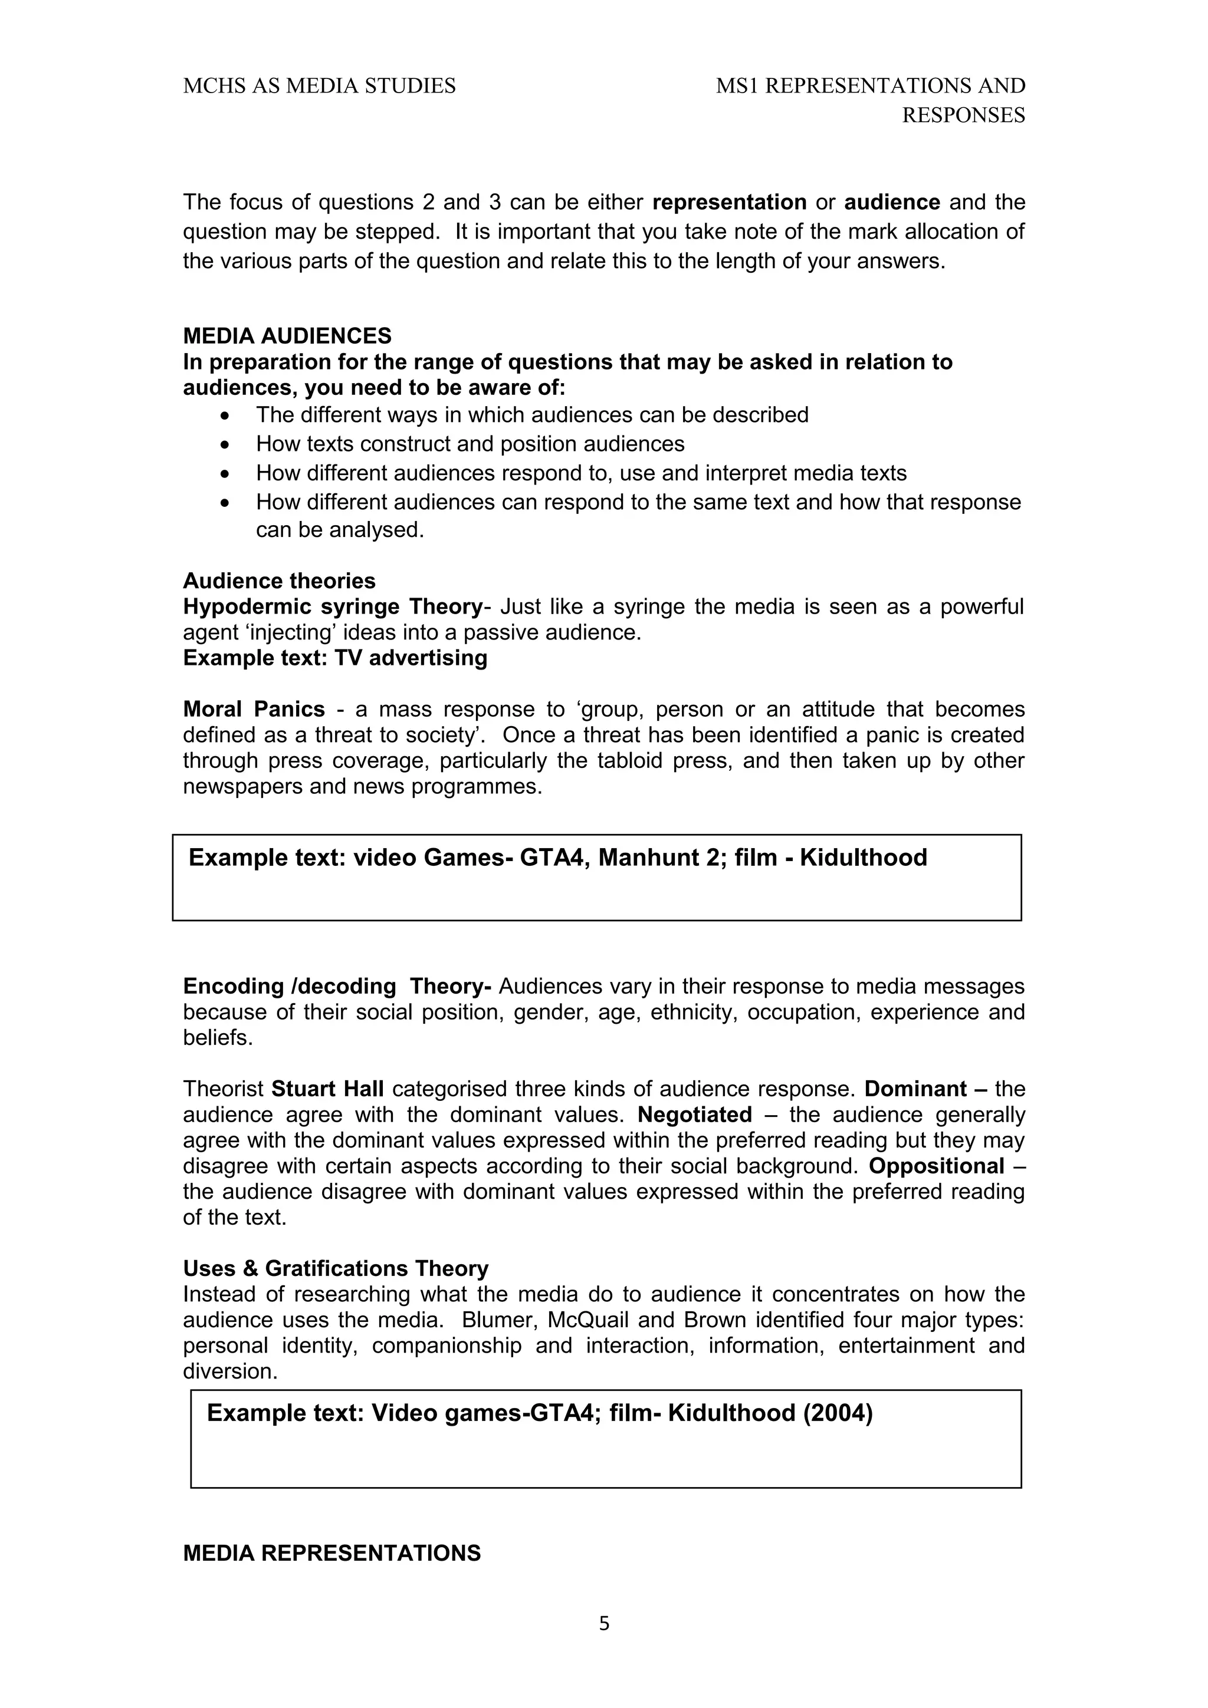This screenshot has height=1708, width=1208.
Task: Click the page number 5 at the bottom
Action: click(x=603, y=1623)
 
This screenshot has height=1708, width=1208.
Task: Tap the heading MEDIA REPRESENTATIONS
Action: click(x=332, y=1552)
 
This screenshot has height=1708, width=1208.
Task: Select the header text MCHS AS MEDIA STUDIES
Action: click(x=319, y=86)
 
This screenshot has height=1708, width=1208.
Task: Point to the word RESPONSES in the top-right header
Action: click(x=963, y=116)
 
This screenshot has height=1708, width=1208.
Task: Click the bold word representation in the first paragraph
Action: click(x=730, y=202)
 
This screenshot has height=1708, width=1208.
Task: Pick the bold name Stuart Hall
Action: click(x=327, y=1089)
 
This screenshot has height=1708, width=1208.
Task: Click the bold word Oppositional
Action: click(x=936, y=1166)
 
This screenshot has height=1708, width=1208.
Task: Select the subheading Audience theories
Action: click(x=279, y=581)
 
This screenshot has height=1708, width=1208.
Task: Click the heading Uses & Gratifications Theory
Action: click(x=336, y=1268)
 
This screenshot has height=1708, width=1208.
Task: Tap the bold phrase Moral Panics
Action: click(x=254, y=709)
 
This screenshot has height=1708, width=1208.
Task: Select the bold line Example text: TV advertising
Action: click(x=335, y=658)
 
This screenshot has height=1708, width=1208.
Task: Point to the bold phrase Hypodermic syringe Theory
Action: click(x=333, y=606)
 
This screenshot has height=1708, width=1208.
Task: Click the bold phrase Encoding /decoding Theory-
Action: click(x=337, y=987)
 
